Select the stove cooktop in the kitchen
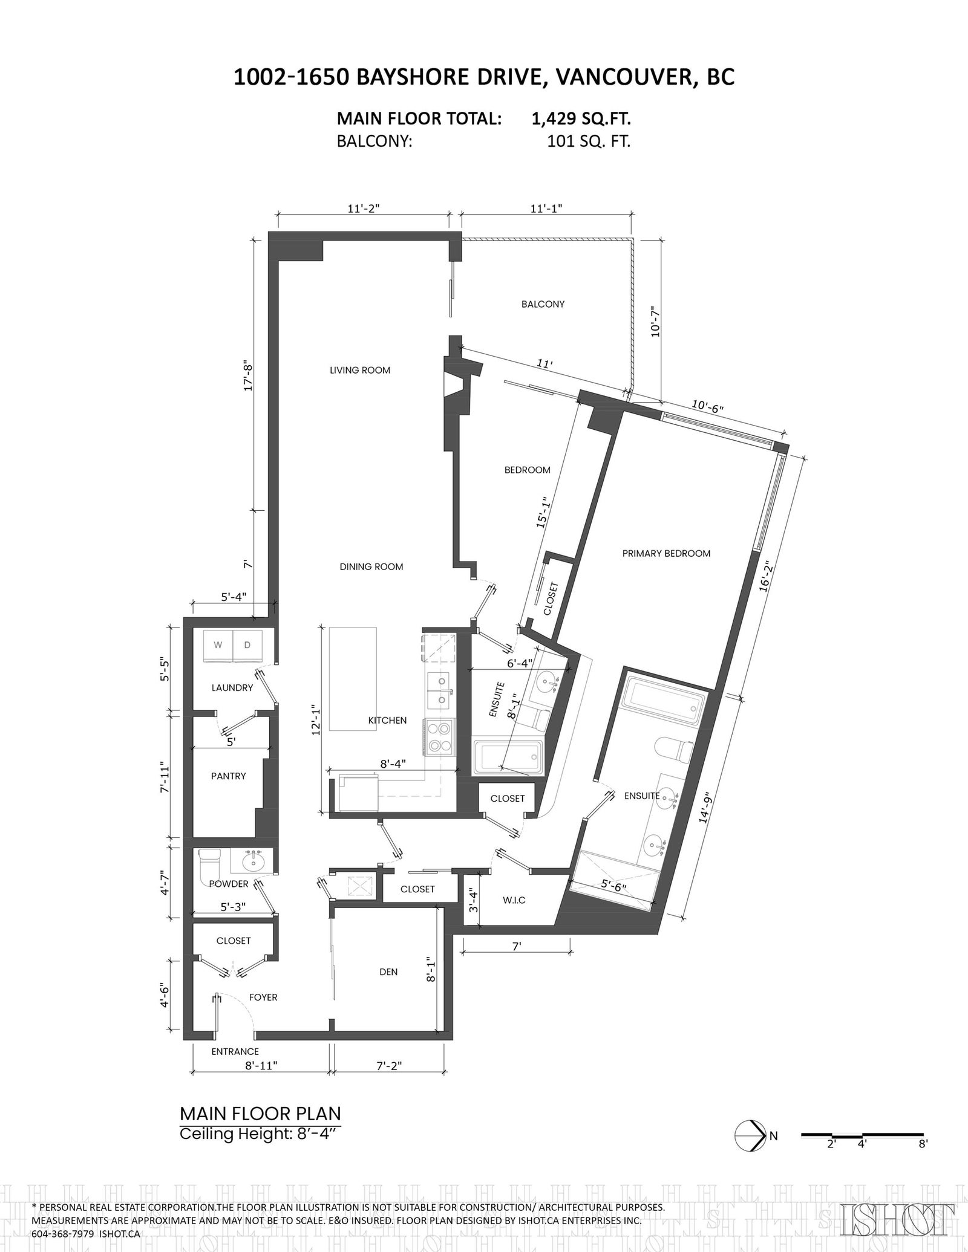[x=440, y=737]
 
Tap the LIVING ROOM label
[x=360, y=370]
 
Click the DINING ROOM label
[x=371, y=566]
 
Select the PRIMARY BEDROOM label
[x=666, y=553]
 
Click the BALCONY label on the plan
[x=543, y=304]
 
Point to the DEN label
[x=388, y=972]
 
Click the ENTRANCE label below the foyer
[x=235, y=1051]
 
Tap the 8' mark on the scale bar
[x=923, y=1144]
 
